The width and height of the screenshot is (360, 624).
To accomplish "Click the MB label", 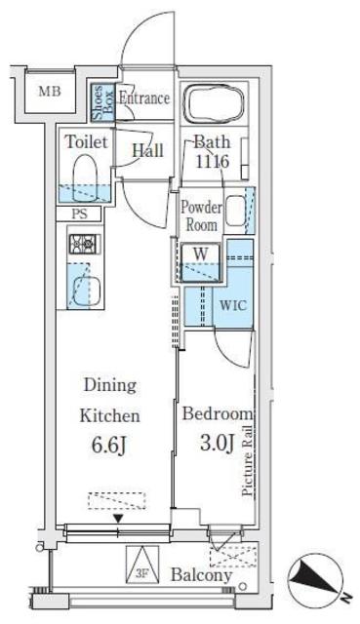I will click(47, 93).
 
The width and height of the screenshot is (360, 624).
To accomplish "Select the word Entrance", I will click(144, 98).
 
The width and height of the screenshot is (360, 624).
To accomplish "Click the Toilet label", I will click(85, 141).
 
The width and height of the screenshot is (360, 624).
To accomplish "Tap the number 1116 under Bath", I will click(210, 162).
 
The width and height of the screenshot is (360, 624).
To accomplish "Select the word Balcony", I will click(204, 575).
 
